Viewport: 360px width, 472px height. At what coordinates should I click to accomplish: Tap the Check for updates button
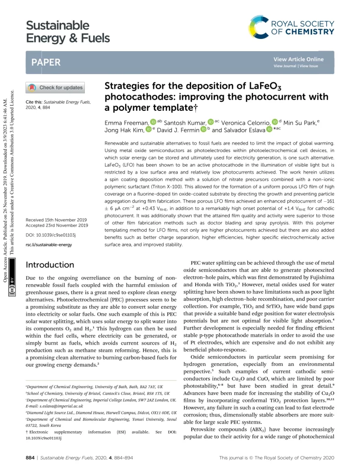coord(57,87)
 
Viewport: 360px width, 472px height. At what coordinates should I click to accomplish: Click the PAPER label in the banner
coord(45,63)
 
